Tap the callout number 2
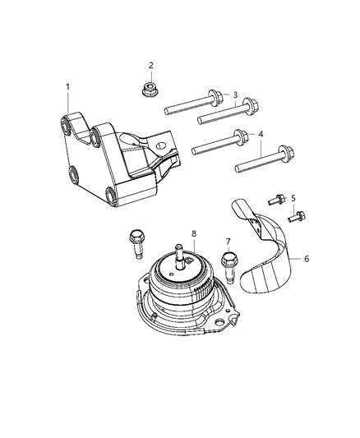(x=150, y=65)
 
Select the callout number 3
(x=235, y=95)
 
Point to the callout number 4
(x=261, y=134)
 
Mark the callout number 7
(x=228, y=242)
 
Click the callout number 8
(x=194, y=234)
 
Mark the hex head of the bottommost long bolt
(x=284, y=153)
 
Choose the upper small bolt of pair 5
(x=278, y=198)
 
